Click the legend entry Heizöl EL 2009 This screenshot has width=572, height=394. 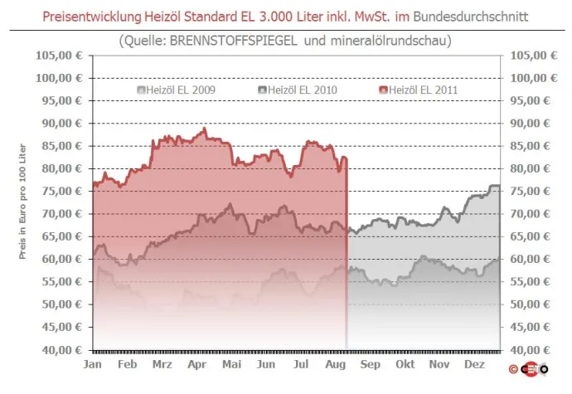[174, 89]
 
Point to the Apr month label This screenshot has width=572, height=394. [197, 363]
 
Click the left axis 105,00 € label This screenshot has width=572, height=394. [60, 55]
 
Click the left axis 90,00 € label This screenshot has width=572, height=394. [63, 123]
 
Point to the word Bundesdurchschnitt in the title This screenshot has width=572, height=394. [469, 17]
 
